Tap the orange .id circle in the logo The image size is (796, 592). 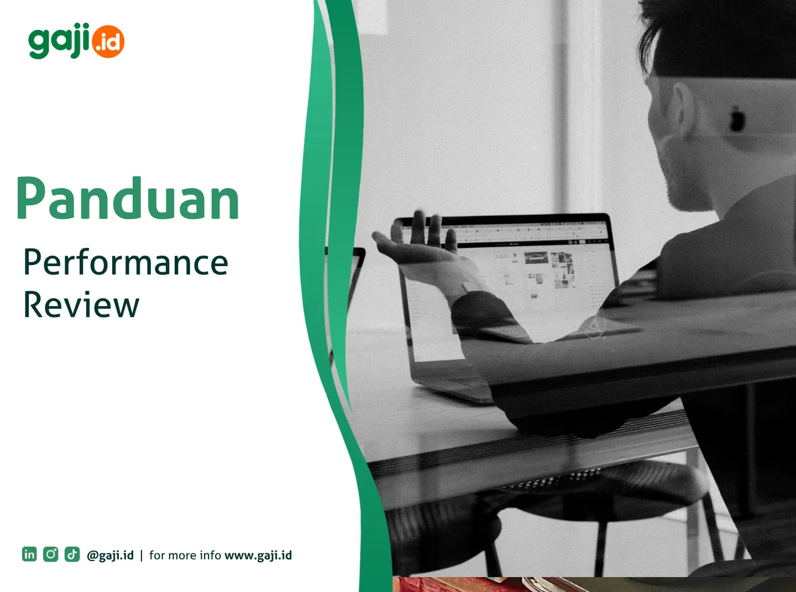[x=108, y=42]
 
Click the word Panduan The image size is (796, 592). [x=128, y=199]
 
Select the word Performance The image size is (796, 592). [x=125, y=262]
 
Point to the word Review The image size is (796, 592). [x=81, y=304]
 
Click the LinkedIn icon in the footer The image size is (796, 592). [x=29, y=554]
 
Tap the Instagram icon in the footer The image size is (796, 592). [x=51, y=554]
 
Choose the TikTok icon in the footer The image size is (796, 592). [x=72, y=554]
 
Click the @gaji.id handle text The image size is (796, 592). [x=110, y=555]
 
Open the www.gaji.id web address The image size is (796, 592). [x=258, y=555]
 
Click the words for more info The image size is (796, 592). [x=185, y=555]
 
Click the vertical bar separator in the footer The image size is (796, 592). [x=142, y=555]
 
